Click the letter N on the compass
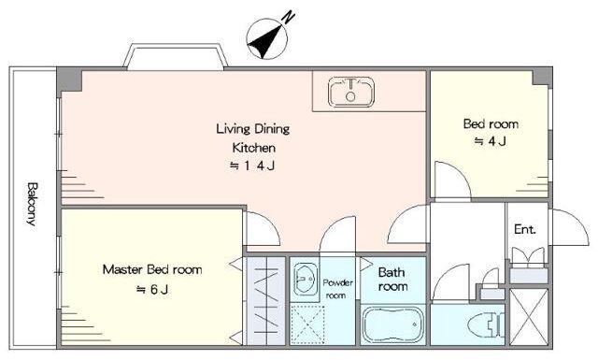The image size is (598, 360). [x=289, y=17]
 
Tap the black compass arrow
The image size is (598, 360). [x=265, y=42]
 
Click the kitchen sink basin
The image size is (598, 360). [x=351, y=92]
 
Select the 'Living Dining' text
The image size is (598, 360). [x=253, y=129]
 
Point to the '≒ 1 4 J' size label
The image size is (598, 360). [x=252, y=166]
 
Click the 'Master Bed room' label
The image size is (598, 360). [x=152, y=270]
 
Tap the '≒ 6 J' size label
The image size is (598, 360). [x=152, y=290]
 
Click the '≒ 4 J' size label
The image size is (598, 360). [x=490, y=141]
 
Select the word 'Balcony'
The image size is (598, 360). [x=33, y=204]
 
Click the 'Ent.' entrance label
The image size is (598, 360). [x=525, y=229]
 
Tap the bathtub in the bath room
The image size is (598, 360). [x=392, y=325]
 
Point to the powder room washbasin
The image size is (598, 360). [x=304, y=279]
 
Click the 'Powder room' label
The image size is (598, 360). [x=337, y=289]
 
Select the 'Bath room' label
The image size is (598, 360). [x=392, y=280]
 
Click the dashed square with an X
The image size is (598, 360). [x=307, y=324]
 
